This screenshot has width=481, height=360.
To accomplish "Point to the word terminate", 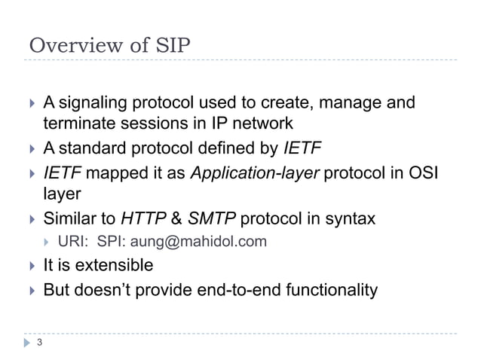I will [x=78, y=124].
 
